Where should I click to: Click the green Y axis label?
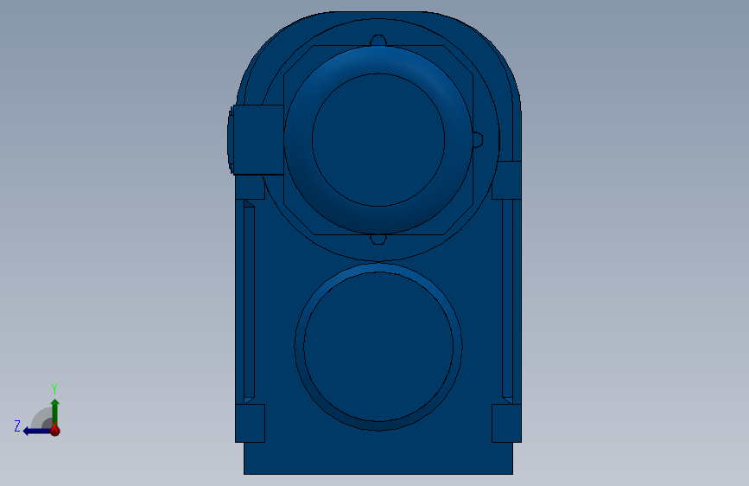54,389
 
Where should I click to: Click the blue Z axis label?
17,426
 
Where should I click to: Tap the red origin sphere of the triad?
55,431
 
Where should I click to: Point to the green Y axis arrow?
55,412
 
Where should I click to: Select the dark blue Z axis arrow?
37,432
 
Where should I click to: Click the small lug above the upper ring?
378,40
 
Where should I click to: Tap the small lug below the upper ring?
378,240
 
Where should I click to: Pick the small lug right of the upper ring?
478,140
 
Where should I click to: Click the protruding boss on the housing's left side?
256,140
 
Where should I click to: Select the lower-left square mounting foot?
250,424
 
